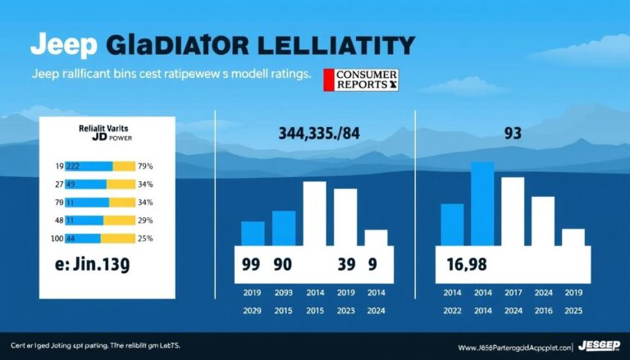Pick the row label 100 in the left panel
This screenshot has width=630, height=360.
[x=58, y=238]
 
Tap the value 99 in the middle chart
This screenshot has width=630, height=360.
[x=252, y=265]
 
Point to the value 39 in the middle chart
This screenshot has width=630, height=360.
[x=347, y=265]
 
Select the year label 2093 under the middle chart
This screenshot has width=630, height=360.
[x=282, y=292]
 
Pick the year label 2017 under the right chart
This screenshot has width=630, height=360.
[x=513, y=292]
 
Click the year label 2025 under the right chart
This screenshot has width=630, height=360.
[x=573, y=311]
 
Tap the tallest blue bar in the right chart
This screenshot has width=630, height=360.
[x=482, y=203]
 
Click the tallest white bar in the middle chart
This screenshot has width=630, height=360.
[x=315, y=213]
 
